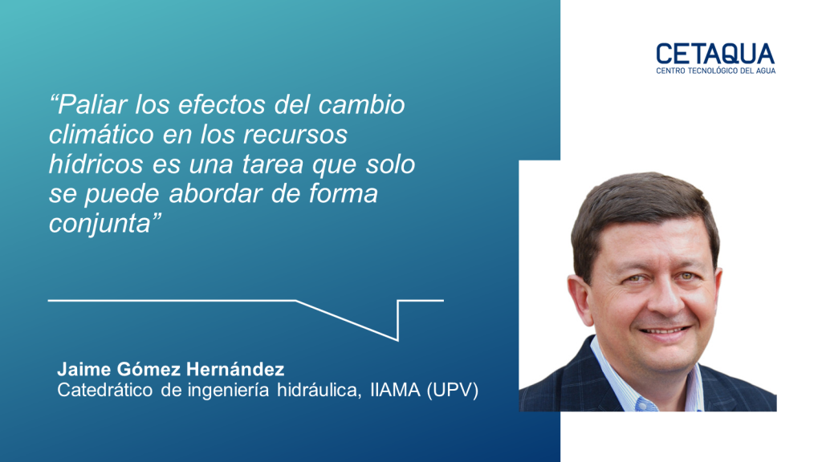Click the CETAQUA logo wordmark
(715, 54)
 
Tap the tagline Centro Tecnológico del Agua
(715, 71)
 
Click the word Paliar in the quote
(92, 105)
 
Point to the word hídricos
(96, 164)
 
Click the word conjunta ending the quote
(100, 224)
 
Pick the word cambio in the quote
(362, 105)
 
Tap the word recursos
(295, 135)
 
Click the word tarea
(273, 164)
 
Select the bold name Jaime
(83, 369)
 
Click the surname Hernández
(235, 369)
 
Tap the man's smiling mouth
(665, 330)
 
